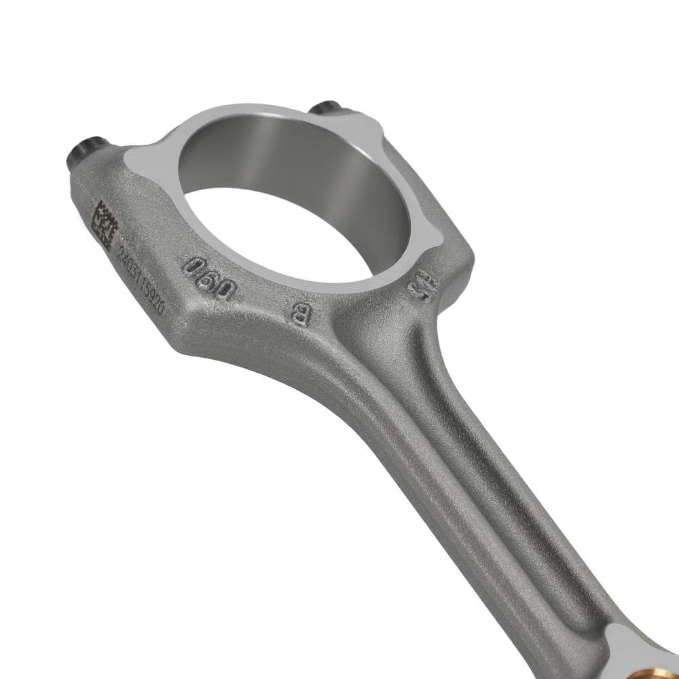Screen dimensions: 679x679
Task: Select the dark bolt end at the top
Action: point(326,108)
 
